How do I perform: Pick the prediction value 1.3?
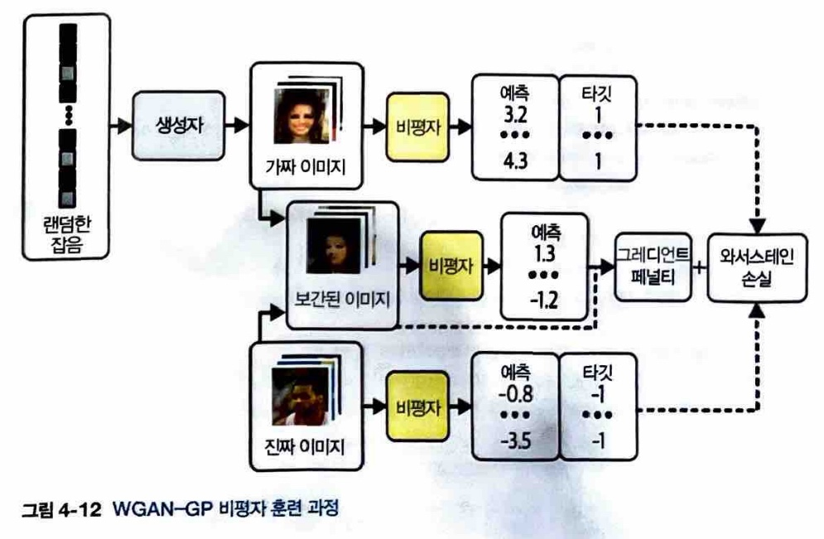pos(542,250)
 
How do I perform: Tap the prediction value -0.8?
pos(513,390)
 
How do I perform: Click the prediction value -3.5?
pos(513,440)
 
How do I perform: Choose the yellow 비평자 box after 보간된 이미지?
pos(452,266)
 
